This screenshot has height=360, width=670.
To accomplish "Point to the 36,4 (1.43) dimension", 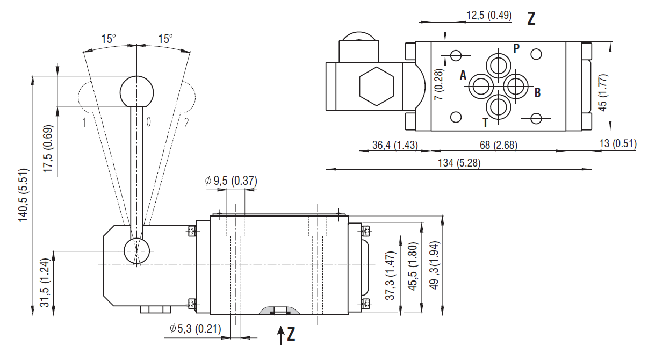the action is coord(395,145).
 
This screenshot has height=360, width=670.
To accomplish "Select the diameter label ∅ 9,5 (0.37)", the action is coord(230,181).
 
